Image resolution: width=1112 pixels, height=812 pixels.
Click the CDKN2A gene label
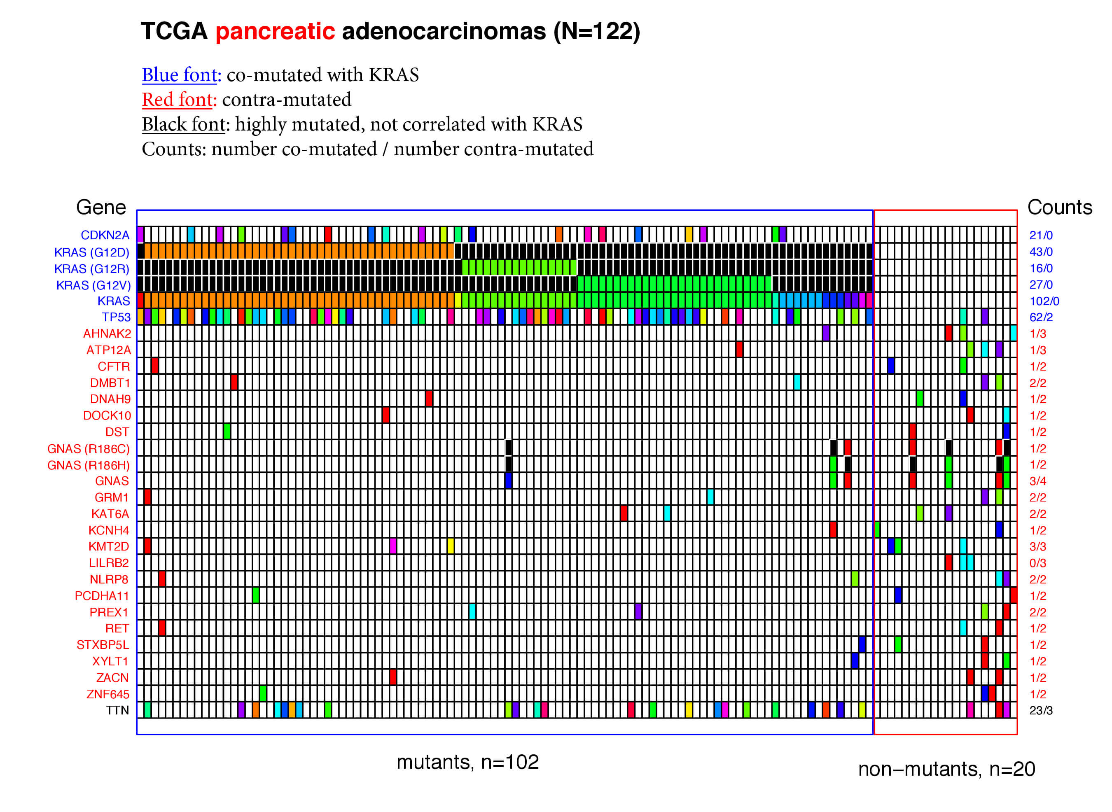click(105, 236)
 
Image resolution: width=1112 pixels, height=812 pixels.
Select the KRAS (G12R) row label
click(91, 269)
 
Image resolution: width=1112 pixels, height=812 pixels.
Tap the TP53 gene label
click(116, 317)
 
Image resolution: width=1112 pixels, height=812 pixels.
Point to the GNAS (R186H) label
click(89, 465)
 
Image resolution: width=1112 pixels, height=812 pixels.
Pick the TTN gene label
click(117, 710)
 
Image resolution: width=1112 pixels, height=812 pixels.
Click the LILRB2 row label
click(109, 563)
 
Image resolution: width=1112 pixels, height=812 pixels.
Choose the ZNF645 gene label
click(107, 694)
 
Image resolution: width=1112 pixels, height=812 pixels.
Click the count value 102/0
click(1044, 301)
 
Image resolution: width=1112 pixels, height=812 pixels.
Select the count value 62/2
click(1041, 317)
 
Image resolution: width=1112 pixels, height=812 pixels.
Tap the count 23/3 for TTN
click(1041, 710)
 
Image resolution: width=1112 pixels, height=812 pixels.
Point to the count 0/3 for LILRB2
click(1038, 563)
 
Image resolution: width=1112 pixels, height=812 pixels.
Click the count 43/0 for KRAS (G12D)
click(1041, 252)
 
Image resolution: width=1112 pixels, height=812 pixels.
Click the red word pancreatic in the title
click(275, 31)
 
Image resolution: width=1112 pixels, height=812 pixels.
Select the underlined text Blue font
click(180, 75)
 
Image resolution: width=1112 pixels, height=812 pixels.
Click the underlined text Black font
click(183, 124)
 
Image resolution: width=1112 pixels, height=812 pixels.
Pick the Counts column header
click(1059, 208)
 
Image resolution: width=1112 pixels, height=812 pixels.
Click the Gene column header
click(101, 208)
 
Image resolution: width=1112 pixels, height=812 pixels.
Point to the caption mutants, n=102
click(467, 762)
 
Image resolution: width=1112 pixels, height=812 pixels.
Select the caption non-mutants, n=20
click(946, 769)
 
